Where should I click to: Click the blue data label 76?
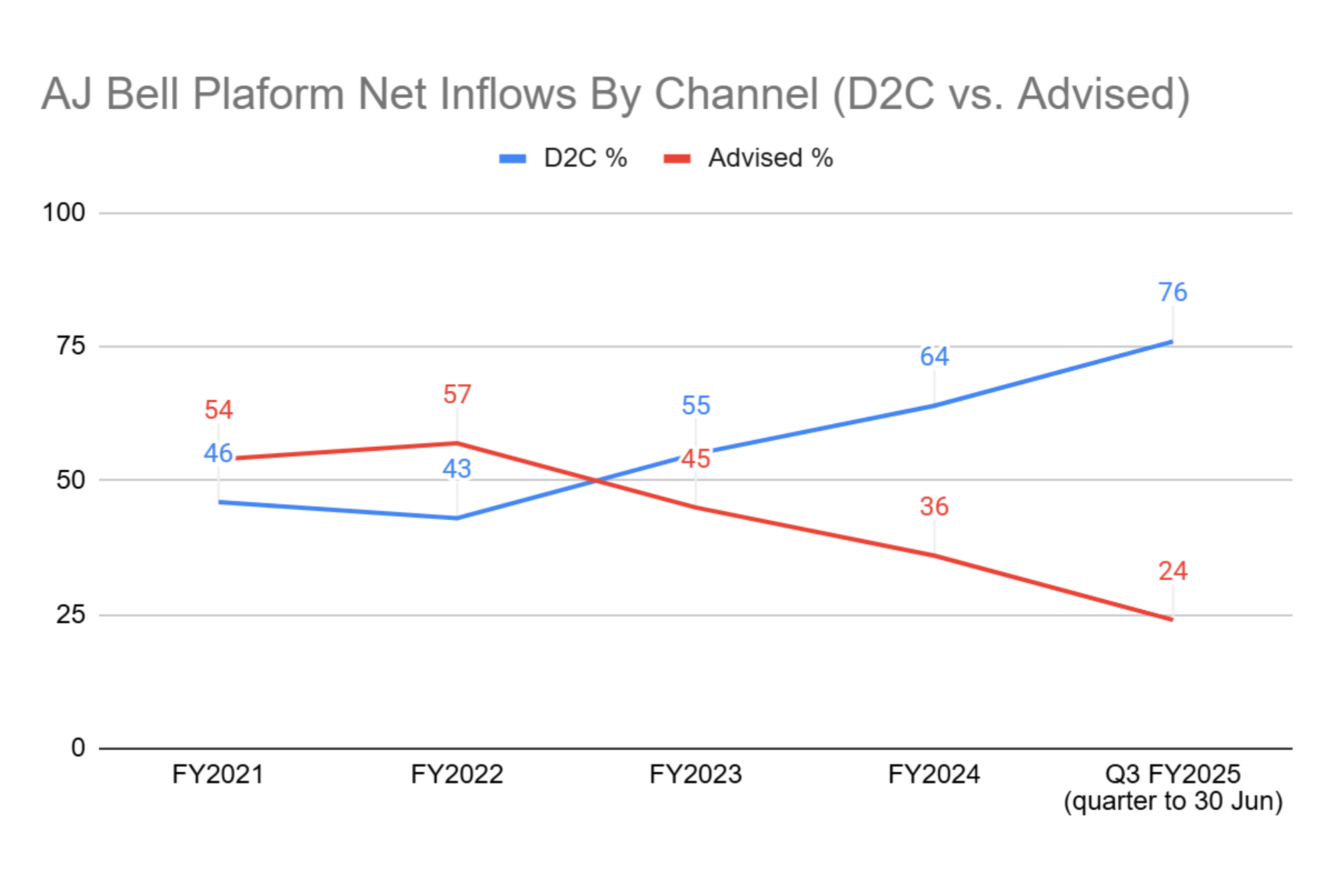tap(1173, 292)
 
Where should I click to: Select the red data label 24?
tap(1173, 571)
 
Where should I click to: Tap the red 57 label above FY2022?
tap(457, 394)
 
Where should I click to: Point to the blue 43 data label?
tap(457, 469)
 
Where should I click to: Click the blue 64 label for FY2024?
tap(934, 357)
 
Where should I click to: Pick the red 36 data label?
tap(934, 507)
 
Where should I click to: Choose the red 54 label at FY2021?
tap(219, 409)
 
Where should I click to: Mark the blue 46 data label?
tap(218, 454)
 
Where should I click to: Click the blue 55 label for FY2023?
tap(696, 405)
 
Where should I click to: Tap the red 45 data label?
tap(696, 459)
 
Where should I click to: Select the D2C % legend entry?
tap(564, 158)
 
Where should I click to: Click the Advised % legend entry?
tap(748, 158)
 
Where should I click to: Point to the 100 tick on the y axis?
tap(64, 213)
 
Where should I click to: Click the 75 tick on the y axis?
tap(71, 345)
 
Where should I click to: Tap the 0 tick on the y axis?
tap(78, 748)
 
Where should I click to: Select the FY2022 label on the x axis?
tap(457, 774)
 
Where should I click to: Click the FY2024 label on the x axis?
tap(934, 774)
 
